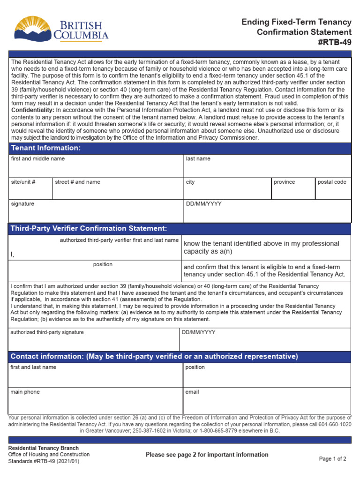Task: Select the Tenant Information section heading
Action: click(x=46, y=148)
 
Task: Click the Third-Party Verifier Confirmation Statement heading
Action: click(x=89, y=228)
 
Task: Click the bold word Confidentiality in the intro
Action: click(x=33, y=109)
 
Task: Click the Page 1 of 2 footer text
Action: click(x=332, y=459)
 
